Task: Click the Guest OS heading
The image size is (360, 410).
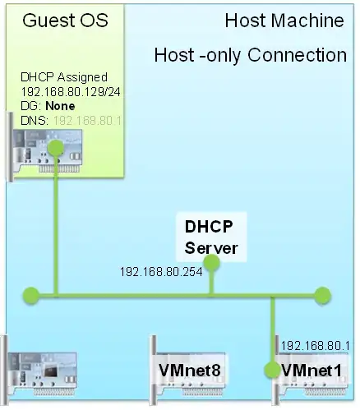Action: tap(54, 21)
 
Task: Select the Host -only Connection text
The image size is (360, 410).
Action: tap(250, 55)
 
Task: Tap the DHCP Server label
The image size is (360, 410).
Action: tap(211, 237)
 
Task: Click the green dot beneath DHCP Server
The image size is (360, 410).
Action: tap(211, 263)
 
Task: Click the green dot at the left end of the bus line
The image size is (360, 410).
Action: tap(31, 293)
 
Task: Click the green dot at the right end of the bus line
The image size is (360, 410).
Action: tap(322, 293)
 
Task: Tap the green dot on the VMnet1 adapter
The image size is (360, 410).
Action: tap(273, 371)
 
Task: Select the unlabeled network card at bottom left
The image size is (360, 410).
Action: tap(45, 370)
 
